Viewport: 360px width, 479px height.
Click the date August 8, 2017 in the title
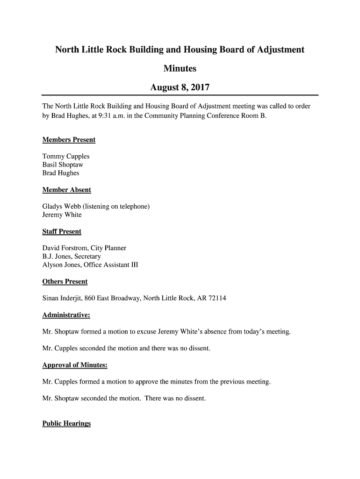[x=180, y=87]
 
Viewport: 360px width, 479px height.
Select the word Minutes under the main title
[x=180, y=69]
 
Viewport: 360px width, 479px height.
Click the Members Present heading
[x=69, y=140]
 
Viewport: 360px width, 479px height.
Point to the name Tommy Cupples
[x=66, y=156]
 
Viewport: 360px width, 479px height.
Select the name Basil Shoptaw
[x=63, y=165]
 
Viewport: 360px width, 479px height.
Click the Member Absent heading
[x=66, y=190]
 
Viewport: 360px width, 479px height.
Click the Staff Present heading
[x=62, y=232]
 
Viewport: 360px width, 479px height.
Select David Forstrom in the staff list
[x=63, y=248]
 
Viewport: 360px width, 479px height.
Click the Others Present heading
[x=65, y=282]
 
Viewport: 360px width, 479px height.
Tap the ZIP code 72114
[x=217, y=298]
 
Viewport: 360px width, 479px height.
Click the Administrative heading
[x=66, y=315]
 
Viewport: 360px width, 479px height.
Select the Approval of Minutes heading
[x=75, y=365]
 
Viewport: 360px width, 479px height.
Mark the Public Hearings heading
[x=66, y=424]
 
